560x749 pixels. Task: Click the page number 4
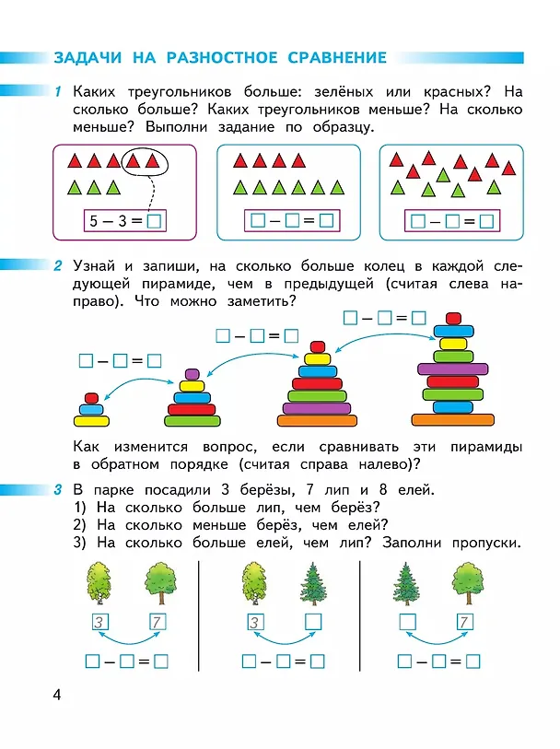click(x=57, y=694)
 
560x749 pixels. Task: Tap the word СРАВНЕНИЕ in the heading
click(x=337, y=57)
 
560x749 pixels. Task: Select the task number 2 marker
click(x=58, y=265)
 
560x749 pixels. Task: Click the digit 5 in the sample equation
click(x=94, y=221)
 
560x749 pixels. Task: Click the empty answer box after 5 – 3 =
click(x=154, y=221)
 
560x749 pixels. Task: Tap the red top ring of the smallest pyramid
click(x=91, y=398)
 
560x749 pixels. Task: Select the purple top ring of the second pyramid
click(x=192, y=373)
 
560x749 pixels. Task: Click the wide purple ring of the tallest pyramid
click(x=452, y=369)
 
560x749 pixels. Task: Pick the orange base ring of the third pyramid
click(x=317, y=420)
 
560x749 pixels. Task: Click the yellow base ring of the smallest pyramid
click(x=91, y=421)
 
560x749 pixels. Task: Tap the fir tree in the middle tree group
click(x=313, y=583)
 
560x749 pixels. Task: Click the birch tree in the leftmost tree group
click(x=99, y=583)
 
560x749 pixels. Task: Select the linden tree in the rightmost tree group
click(x=467, y=583)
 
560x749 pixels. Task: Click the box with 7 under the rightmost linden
click(x=464, y=622)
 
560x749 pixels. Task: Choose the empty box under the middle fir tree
click(x=313, y=622)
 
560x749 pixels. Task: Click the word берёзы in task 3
click(x=265, y=490)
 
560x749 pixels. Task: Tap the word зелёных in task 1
click(x=344, y=91)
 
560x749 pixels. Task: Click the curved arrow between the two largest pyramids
click(x=383, y=334)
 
